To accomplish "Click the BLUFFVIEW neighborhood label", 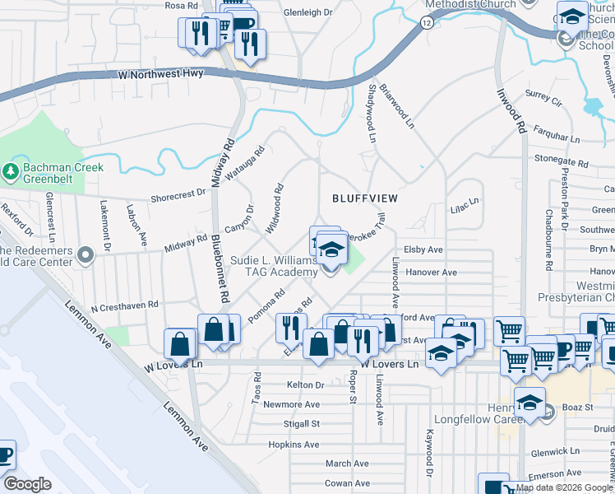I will pyautogui.click(x=365, y=198).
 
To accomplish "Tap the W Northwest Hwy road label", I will pyautogui.click(x=161, y=74).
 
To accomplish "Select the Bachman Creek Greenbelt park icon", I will pyautogui.click(x=12, y=172).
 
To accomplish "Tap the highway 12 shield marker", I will pyautogui.click(x=425, y=24).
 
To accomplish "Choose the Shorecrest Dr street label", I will pyautogui.click(x=178, y=195).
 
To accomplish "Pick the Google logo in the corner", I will pyautogui.click(x=27, y=483).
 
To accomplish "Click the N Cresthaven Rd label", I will pyautogui.click(x=124, y=305).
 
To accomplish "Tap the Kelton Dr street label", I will pyautogui.click(x=306, y=384).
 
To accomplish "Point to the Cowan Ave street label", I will pyautogui.click(x=345, y=483).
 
